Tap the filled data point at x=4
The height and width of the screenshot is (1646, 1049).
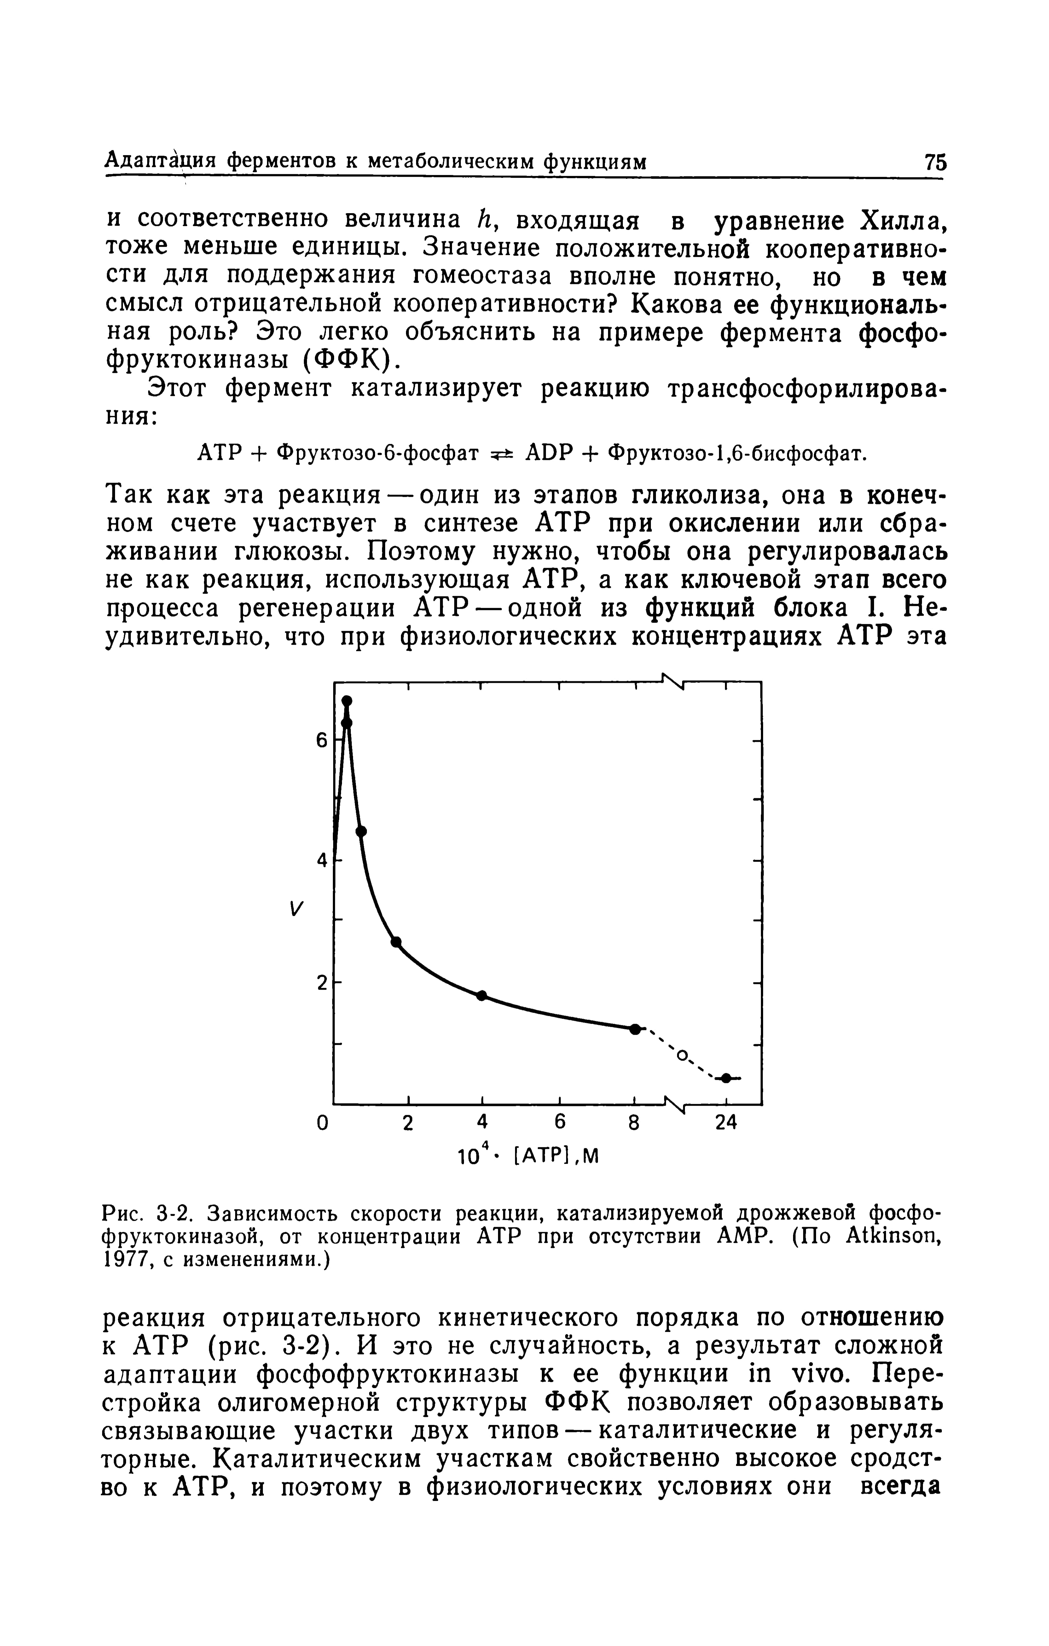click(482, 995)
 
